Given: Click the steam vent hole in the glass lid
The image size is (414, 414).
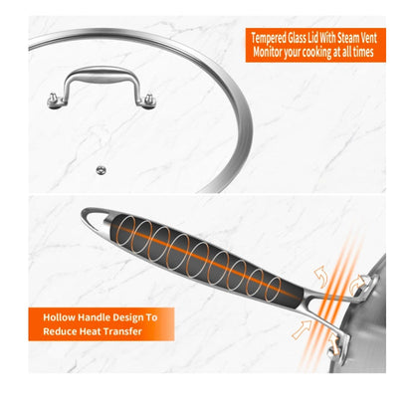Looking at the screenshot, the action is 102,170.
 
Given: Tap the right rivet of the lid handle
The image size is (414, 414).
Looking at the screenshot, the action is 149,101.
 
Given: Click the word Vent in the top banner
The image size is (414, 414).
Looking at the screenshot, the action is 367,38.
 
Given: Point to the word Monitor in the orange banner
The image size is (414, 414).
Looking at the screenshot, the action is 268,52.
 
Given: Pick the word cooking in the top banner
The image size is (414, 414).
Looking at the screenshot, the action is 318,53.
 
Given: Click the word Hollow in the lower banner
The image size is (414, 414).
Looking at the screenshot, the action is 60,317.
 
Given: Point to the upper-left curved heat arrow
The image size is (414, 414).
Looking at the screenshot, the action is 321,276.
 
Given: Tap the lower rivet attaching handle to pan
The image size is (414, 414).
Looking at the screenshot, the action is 335,347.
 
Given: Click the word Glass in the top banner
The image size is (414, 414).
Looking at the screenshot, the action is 297,38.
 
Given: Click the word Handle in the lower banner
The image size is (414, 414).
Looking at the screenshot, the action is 94,317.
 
